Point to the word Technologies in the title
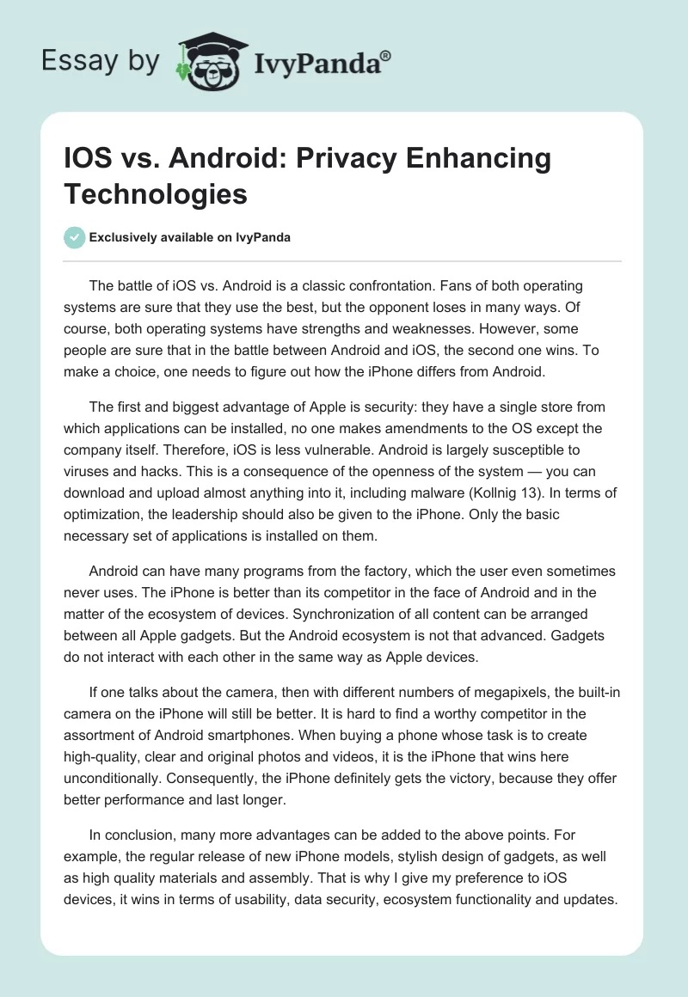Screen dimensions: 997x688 [x=156, y=193]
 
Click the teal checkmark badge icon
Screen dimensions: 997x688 [x=74, y=238]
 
